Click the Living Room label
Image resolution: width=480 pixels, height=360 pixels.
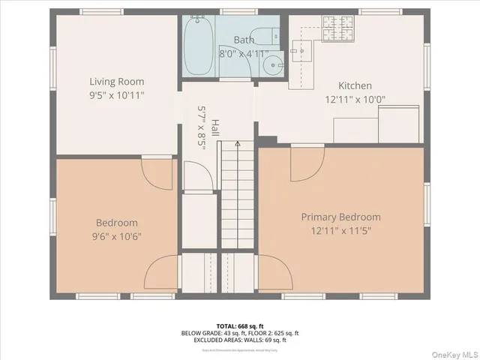[x=116, y=82]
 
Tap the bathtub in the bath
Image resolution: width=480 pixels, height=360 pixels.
[x=199, y=46]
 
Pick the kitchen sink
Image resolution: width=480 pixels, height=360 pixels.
[x=304, y=49]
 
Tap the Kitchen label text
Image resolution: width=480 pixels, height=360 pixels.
[x=355, y=85]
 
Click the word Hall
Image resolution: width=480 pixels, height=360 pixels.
[x=215, y=127]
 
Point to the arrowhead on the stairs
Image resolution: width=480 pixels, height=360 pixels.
[x=238, y=142]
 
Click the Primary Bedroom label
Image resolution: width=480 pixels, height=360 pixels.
[x=340, y=217]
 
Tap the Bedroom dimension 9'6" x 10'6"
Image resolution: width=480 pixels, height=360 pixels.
[x=116, y=236]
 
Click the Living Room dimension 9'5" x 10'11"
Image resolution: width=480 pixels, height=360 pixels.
[x=116, y=95]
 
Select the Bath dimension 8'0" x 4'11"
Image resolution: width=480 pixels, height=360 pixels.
[x=244, y=54]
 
